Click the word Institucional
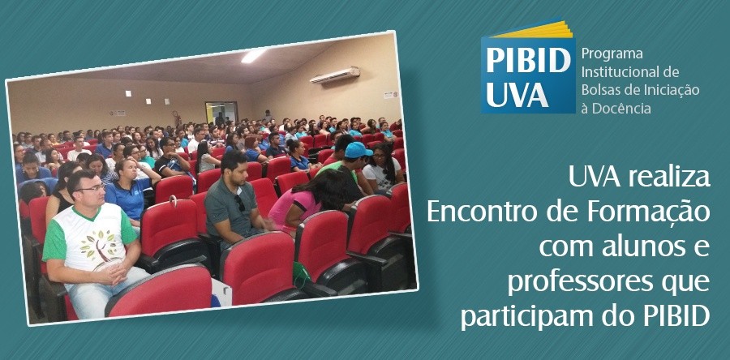pos(622,71)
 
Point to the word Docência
pos(621,108)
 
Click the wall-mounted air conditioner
pos(334,75)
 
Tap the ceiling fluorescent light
pos(254,55)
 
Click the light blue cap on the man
pos(358,150)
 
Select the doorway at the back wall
pos(221,113)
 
